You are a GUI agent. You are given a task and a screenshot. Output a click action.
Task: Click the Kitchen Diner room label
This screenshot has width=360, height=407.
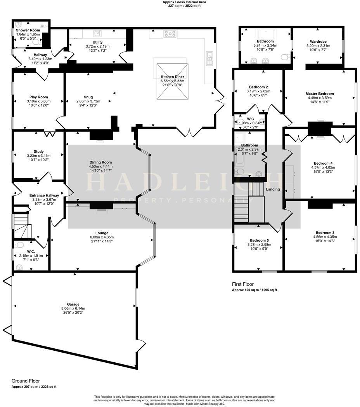click(172, 77)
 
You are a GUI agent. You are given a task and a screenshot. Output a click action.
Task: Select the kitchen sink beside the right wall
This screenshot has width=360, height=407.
click(209, 58)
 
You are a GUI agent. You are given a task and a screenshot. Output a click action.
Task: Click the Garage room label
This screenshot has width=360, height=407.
click(73, 304)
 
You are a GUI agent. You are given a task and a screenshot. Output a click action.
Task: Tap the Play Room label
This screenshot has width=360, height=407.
click(38, 97)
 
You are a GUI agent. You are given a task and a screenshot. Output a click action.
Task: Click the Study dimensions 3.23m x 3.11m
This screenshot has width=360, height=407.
click(38, 156)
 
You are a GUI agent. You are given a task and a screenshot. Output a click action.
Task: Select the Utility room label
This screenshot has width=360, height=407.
click(98, 42)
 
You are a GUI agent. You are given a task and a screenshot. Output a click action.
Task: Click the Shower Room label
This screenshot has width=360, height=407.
click(28, 30)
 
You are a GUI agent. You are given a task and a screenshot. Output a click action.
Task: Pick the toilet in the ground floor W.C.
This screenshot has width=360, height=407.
click(19, 245)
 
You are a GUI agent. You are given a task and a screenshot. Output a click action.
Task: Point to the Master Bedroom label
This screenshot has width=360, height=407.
click(320, 94)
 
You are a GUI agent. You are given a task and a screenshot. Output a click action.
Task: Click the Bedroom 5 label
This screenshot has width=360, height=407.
click(259, 240)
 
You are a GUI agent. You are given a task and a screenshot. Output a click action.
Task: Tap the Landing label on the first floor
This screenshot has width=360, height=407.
click(273, 189)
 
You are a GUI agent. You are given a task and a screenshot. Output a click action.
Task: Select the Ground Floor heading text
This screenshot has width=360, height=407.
click(26, 381)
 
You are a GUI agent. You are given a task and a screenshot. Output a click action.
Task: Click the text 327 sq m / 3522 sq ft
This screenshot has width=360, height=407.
click(184, 6)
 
